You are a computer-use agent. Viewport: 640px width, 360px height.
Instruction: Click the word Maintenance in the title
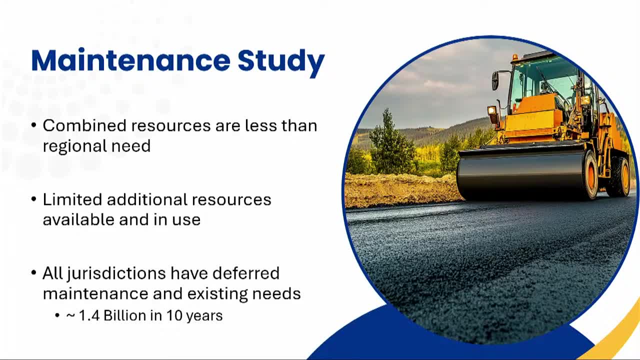click(x=131, y=60)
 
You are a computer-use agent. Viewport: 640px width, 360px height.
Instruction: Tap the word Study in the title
click(x=281, y=63)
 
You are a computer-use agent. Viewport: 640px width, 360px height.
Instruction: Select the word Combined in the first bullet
click(x=84, y=125)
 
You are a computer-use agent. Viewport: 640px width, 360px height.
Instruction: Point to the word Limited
click(x=72, y=199)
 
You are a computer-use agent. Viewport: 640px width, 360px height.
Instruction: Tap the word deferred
click(x=246, y=273)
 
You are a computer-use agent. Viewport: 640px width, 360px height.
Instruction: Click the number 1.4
click(x=89, y=315)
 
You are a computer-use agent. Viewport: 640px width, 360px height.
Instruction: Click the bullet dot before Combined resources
click(x=33, y=125)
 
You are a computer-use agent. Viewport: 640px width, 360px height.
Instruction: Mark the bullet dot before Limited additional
click(x=33, y=199)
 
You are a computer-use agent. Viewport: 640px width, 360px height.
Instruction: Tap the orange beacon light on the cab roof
click(x=514, y=57)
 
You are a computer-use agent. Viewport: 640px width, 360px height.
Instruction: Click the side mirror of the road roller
click(x=495, y=80)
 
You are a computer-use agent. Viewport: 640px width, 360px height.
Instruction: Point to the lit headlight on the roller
click(x=491, y=110)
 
